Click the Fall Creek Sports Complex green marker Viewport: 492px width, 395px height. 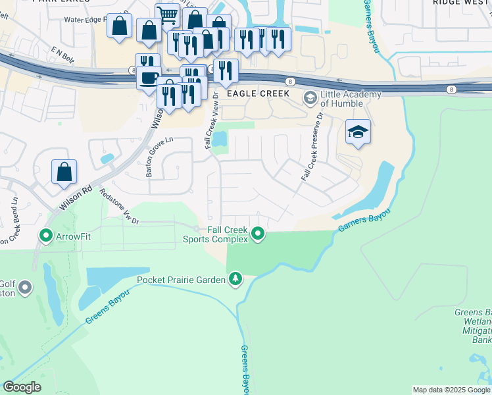258,234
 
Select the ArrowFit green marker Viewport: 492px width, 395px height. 46,235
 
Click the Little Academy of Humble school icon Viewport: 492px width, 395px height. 310,98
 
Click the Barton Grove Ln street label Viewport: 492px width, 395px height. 159,157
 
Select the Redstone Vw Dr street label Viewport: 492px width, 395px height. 119,207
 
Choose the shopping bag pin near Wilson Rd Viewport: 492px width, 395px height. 64,172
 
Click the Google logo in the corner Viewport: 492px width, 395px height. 22,387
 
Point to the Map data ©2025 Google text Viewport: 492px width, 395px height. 451,390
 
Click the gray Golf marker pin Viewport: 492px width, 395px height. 25,287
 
